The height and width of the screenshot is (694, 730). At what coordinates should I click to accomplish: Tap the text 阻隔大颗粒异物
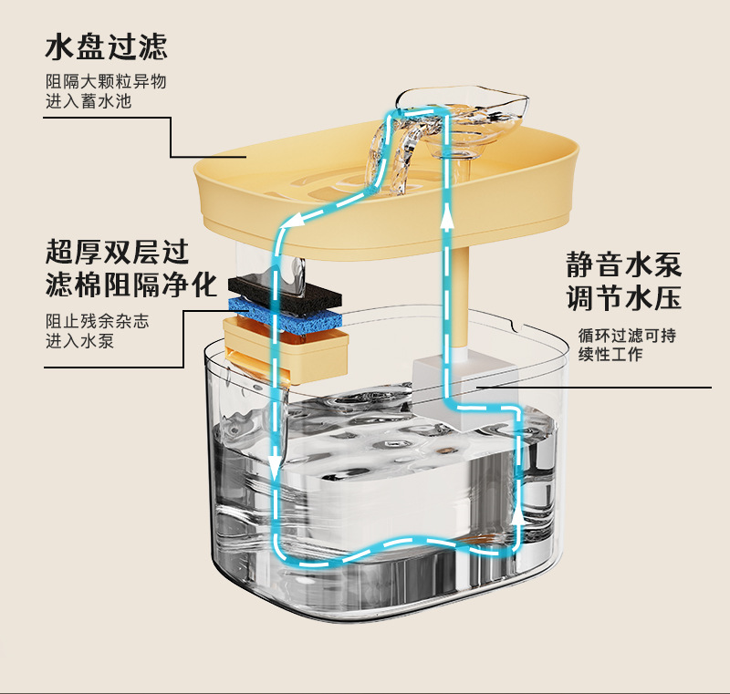(x=106, y=81)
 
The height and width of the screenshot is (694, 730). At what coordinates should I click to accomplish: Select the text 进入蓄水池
(x=89, y=100)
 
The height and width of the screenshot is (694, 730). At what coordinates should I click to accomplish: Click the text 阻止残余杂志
(x=98, y=323)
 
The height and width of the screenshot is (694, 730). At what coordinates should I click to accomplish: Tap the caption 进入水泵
(x=80, y=342)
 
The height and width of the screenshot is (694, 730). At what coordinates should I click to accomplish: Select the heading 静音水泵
(x=624, y=265)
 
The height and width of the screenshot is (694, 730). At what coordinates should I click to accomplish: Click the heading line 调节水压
(x=624, y=299)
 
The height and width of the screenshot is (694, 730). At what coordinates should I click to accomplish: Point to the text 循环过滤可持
(x=627, y=335)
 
